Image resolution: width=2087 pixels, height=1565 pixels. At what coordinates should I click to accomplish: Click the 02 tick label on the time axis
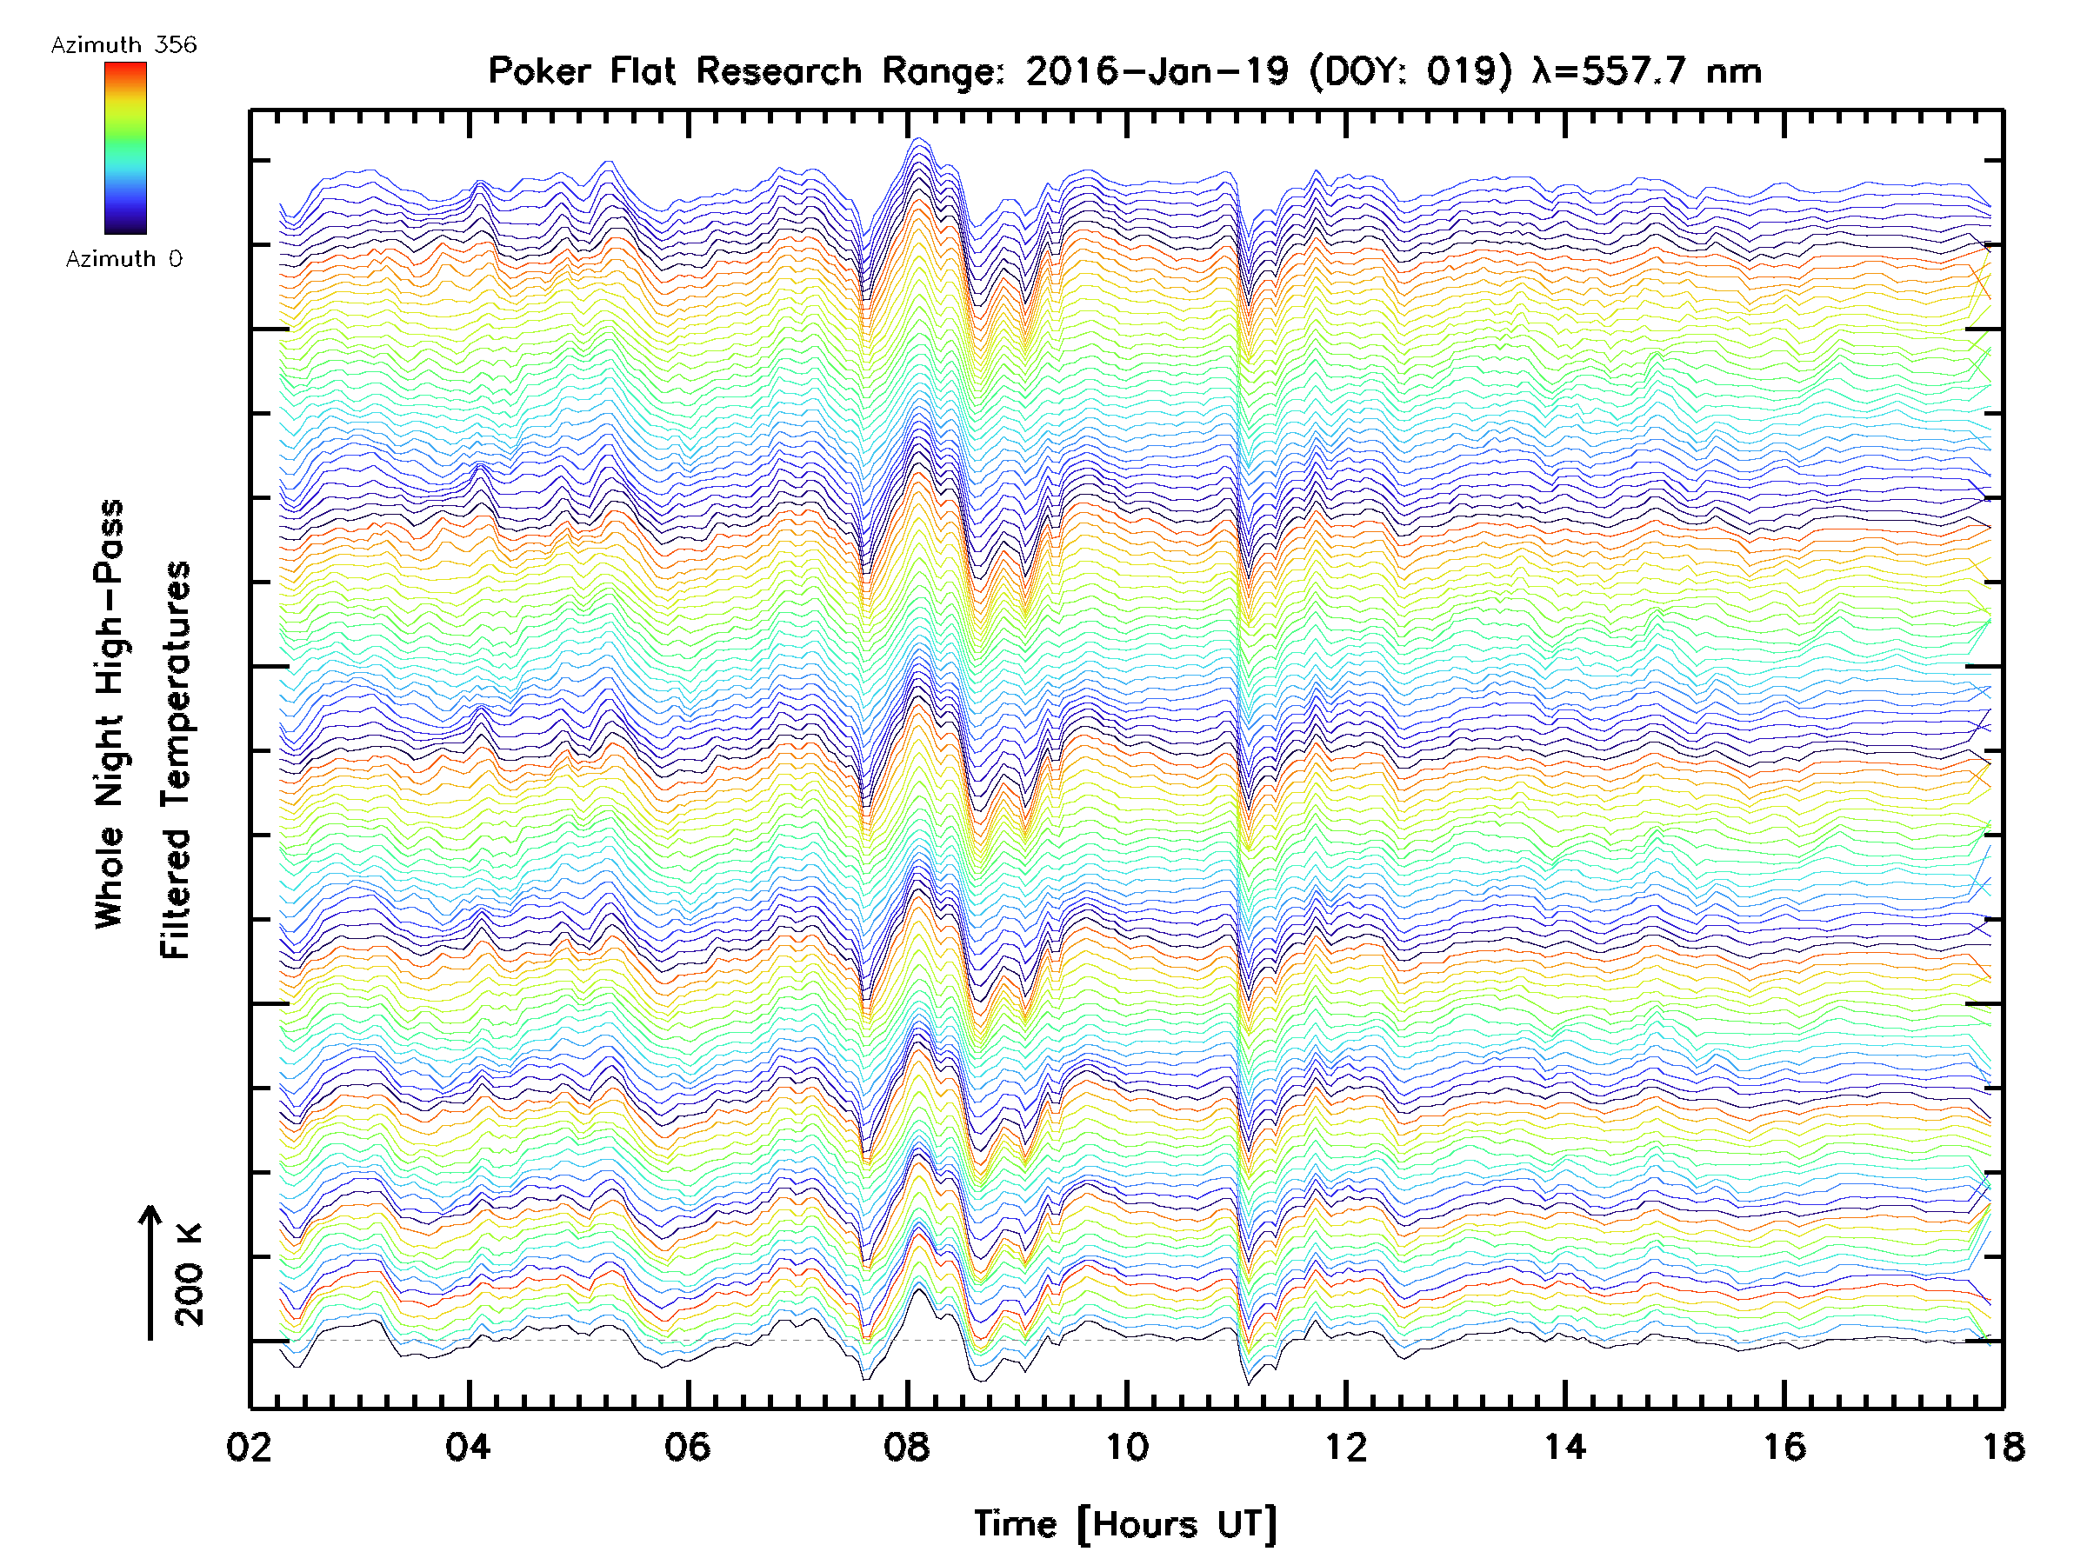click(249, 1446)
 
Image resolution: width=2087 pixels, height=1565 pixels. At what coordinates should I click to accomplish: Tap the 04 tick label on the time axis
click(468, 1446)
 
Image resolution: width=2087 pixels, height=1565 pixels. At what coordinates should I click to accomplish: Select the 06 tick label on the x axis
click(687, 1446)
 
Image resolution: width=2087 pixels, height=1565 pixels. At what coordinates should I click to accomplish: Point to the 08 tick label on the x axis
click(907, 1446)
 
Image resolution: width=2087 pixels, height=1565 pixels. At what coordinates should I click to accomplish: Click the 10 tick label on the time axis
click(1126, 1446)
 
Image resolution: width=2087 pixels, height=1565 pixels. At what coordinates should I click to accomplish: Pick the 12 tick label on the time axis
click(1345, 1446)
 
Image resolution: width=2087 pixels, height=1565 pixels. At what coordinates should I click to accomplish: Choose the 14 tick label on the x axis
click(1565, 1446)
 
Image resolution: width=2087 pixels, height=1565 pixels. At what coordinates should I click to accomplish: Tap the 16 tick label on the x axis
click(1784, 1446)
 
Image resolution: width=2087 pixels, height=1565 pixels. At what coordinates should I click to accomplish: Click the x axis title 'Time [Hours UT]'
click(1124, 1524)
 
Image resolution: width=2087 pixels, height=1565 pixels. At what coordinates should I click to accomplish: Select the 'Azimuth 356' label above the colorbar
click(123, 45)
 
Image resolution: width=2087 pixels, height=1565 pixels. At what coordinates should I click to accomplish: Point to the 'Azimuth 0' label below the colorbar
click(123, 258)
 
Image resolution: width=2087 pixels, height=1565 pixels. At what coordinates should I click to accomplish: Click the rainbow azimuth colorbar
click(125, 148)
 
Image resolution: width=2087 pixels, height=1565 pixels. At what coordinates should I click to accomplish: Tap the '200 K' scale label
click(189, 1275)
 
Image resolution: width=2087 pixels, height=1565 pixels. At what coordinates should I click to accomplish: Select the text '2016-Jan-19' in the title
click(1157, 71)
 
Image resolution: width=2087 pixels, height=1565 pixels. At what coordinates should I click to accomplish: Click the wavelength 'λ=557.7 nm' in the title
click(1647, 71)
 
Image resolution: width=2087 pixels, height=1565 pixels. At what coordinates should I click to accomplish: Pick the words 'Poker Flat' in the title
click(581, 71)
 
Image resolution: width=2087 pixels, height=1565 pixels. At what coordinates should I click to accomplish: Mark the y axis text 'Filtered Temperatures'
click(176, 761)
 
